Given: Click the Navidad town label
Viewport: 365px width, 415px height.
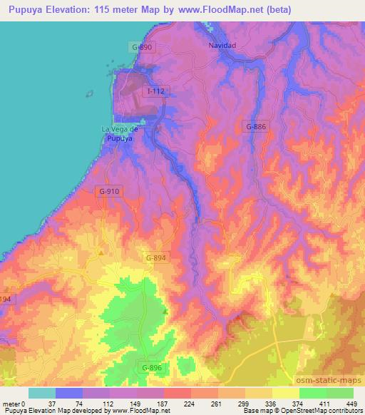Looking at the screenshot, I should [x=222, y=45].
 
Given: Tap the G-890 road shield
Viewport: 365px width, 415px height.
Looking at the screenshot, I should [x=142, y=47].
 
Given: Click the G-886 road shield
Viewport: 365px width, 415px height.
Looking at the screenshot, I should [x=257, y=126].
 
